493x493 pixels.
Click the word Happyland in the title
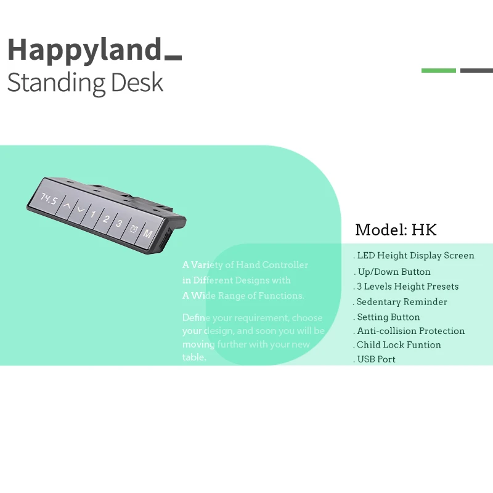[84, 49]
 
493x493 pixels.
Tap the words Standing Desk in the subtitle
[85, 83]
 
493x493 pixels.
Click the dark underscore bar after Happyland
[173, 58]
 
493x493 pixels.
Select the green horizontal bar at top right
[439, 70]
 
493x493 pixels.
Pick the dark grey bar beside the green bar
[476, 70]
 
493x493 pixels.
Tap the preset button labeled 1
[93, 214]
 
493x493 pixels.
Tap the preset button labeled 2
[106, 219]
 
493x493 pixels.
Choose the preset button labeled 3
[120, 224]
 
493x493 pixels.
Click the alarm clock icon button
[134, 229]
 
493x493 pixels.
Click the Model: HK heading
[396, 230]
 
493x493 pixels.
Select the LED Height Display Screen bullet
[415, 255]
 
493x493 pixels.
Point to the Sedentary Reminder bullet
[401, 302]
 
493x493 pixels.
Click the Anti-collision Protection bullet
[410, 331]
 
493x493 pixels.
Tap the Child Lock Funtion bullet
[398, 345]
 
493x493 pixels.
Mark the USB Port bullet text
[376, 359]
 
